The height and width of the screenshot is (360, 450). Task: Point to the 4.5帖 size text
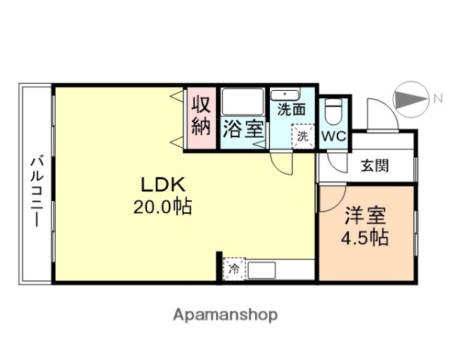click(365, 238)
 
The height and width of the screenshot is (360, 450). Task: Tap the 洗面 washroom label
click(291, 109)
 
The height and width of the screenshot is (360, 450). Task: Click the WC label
click(334, 136)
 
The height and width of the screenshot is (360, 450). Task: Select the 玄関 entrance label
click(373, 166)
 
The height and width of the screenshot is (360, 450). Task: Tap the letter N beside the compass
click(436, 97)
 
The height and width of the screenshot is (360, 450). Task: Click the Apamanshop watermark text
click(225, 315)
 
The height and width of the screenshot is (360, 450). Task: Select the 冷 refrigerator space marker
click(235, 268)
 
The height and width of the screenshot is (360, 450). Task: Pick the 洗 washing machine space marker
click(302, 136)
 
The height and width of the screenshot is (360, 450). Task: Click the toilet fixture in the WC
click(334, 113)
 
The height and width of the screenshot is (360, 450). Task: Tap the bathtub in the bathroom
click(242, 103)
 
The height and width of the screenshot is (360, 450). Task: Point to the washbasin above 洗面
click(285, 94)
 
